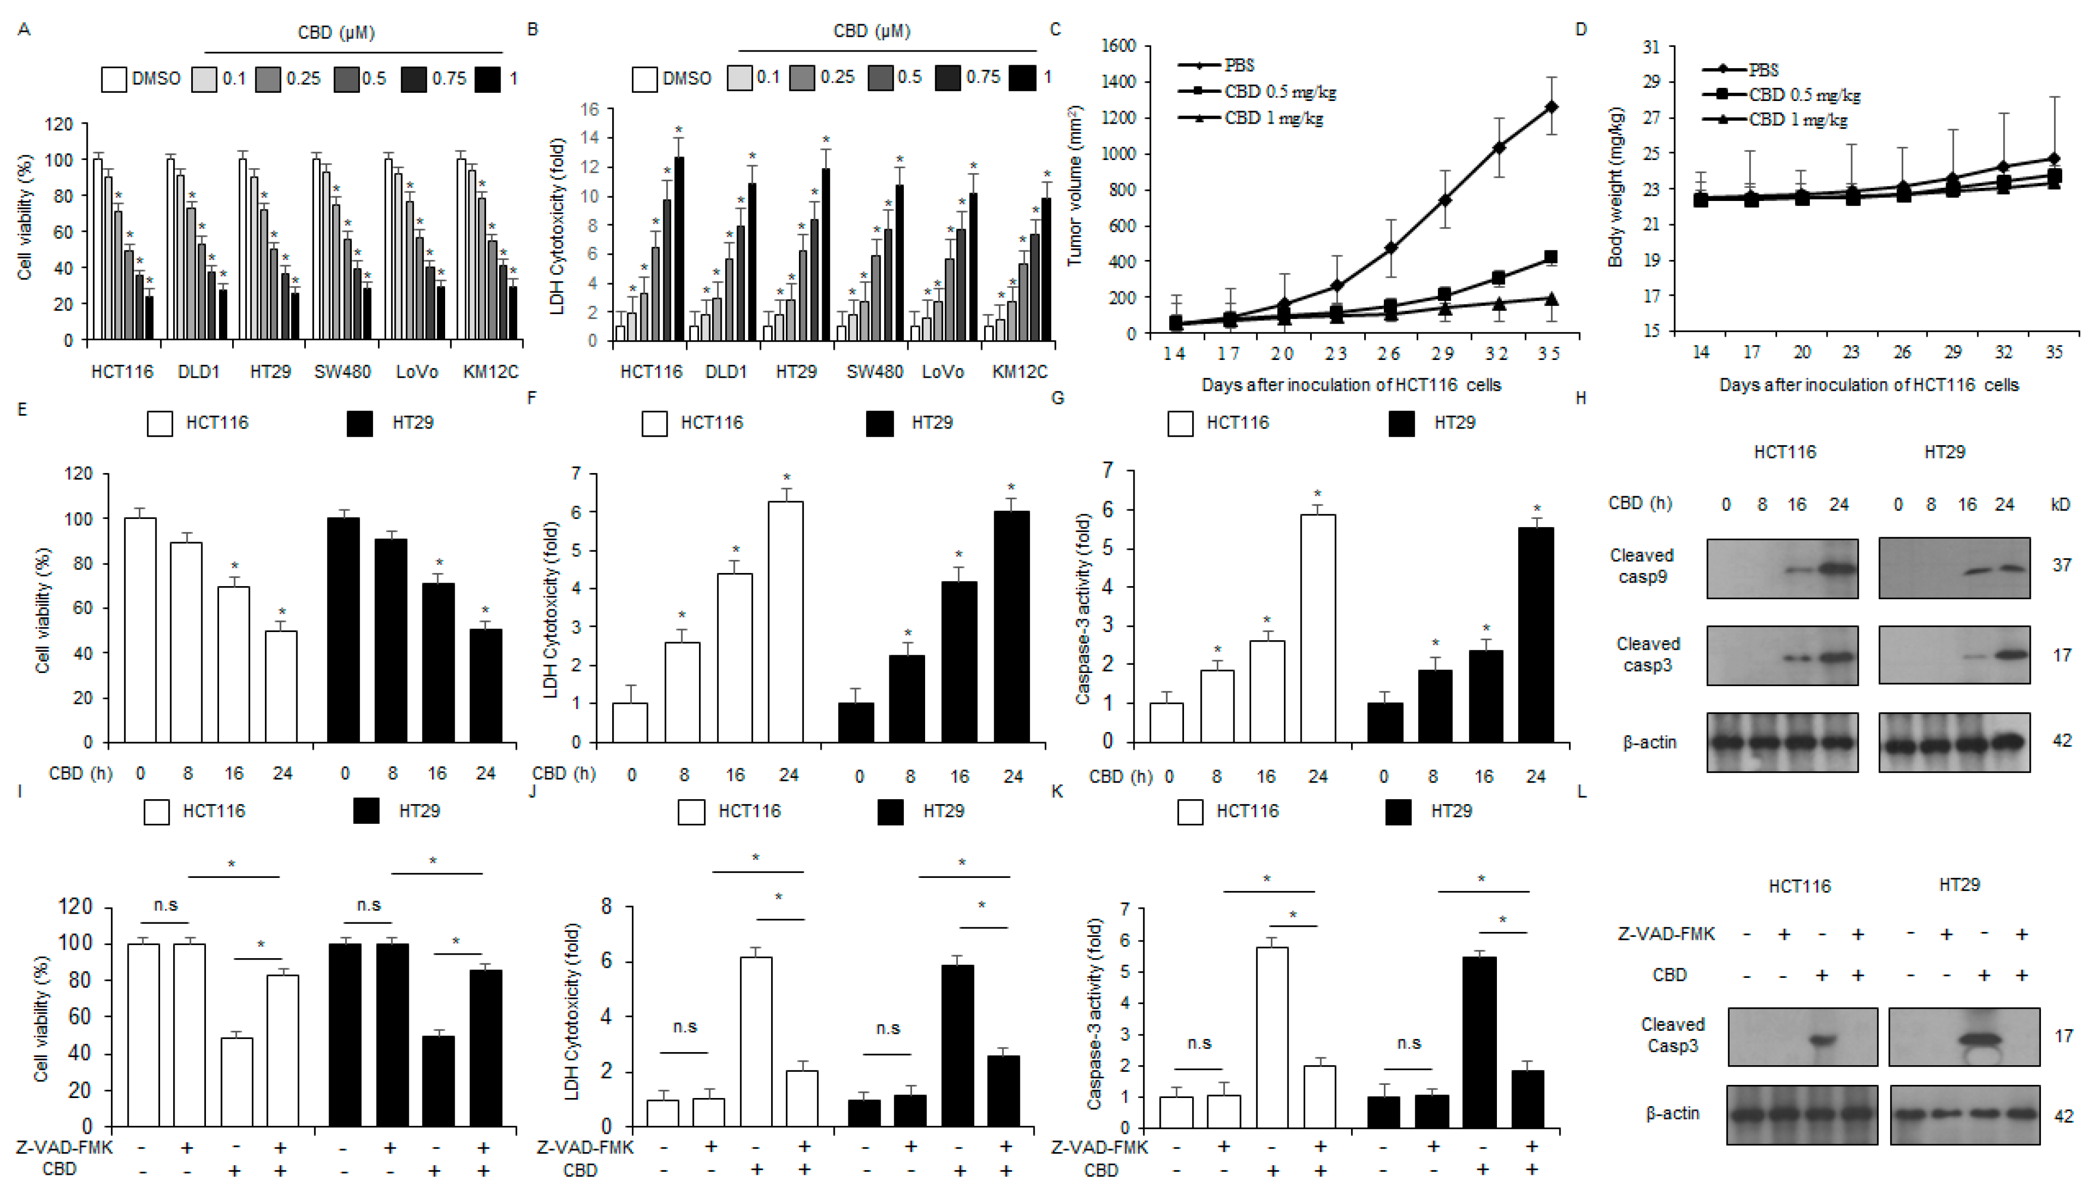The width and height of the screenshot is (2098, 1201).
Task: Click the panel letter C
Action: (1055, 30)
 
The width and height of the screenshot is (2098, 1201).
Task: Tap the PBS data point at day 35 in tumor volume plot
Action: (1551, 107)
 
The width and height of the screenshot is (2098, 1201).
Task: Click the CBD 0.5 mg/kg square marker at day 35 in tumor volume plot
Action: (1550, 257)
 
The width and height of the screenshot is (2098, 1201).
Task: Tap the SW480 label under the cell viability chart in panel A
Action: (342, 372)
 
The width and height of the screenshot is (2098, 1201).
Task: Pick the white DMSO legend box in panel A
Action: (114, 79)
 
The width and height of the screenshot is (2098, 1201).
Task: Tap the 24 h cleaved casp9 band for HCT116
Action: (1838, 568)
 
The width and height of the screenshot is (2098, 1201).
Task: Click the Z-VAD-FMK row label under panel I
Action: (64, 1147)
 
